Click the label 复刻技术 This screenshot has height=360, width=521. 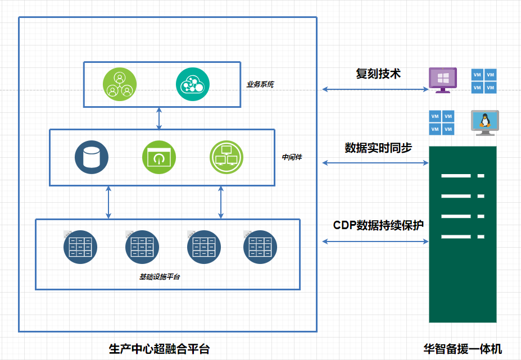[378, 74]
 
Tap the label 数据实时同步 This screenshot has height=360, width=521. [378, 148]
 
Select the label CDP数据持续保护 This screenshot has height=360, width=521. [378, 225]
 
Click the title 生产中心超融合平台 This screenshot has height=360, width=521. [159, 349]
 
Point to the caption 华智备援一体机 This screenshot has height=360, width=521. [463, 349]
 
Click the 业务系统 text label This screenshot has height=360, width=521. [260, 85]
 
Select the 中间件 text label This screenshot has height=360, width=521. [292, 157]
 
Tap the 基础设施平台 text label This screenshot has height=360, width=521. [160, 277]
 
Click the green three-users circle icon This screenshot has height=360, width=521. [120, 84]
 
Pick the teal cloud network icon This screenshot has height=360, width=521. [193, 84]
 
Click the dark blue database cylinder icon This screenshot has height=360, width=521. [92, 157]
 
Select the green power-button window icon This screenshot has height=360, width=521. [159, 157]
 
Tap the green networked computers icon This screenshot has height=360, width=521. [226, 157]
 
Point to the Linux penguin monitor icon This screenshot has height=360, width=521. [484, 123]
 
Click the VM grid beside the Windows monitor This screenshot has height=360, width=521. [484, 80]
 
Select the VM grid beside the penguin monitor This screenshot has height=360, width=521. [442, 123]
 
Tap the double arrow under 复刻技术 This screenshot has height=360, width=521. [375, 89]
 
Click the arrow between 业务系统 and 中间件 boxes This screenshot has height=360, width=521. [159, 118]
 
